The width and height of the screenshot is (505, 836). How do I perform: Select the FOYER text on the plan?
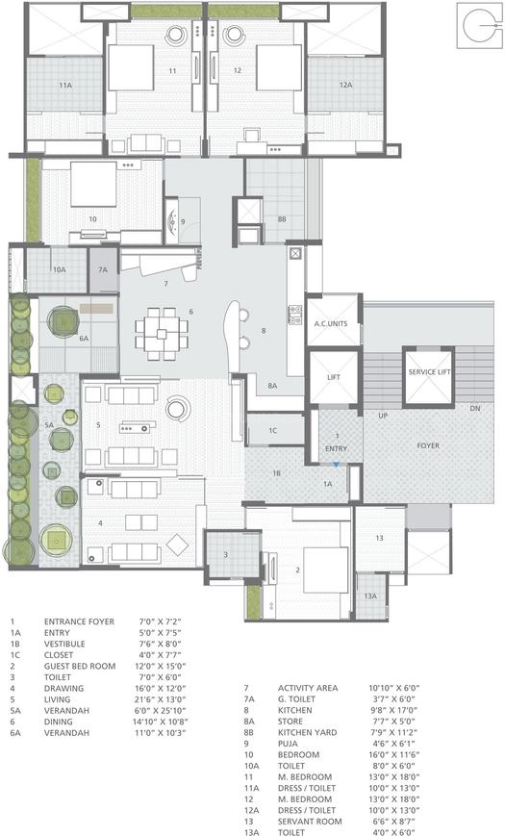point(427,445)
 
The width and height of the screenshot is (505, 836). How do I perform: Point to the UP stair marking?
point(355,417)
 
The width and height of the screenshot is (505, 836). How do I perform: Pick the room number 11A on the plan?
point(65,86)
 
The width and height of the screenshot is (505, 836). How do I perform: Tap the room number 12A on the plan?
point(345,85)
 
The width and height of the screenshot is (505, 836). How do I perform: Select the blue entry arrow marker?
point(334,466)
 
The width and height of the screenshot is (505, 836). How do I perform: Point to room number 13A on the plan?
point(370,596)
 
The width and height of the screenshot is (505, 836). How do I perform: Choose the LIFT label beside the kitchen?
point(334,379)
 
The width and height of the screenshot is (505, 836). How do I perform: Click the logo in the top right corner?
point(471,28)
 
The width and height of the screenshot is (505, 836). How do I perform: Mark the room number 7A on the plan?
point(103,270)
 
